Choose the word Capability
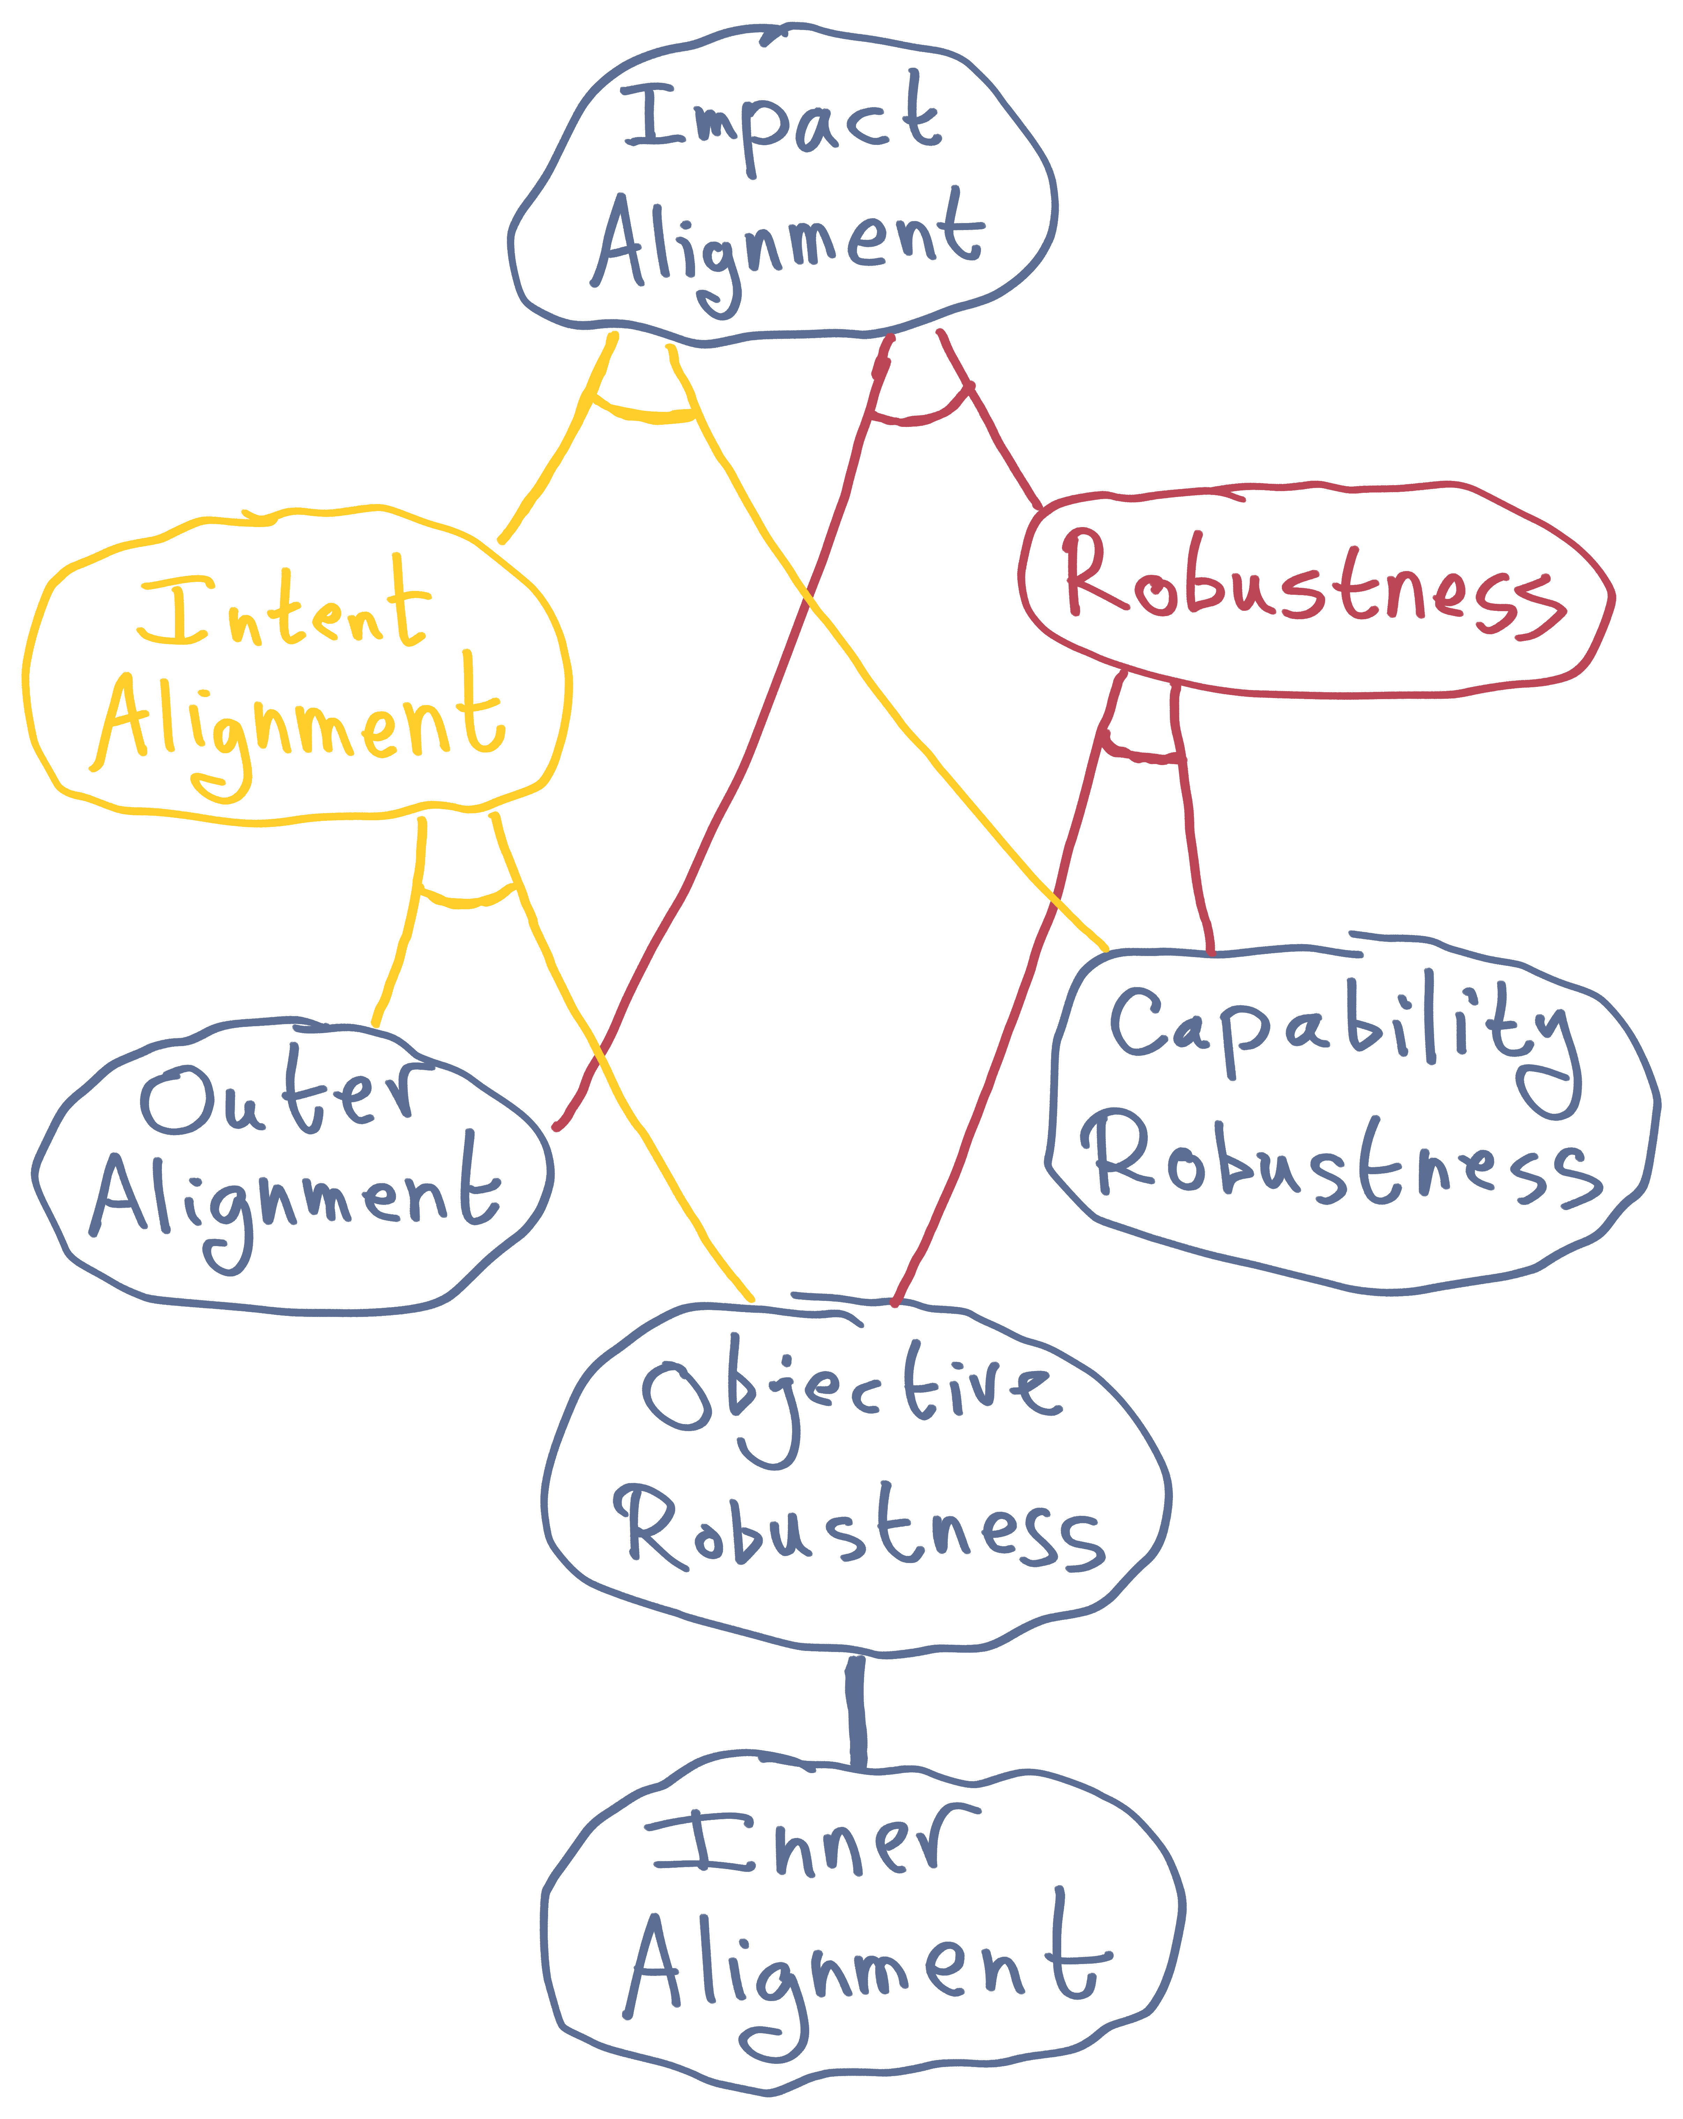pyautogui.click(x=1342, y=1032)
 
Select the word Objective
pyautogui.click(x=850, y=1396)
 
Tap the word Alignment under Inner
pyautogui.click(x=865, y=1966)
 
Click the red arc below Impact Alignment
pyautogui.click(x=919, y=418)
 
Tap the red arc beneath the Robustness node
pyautogui.click(x=1141, y=755)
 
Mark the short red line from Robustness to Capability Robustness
pyautogui.click(x=1191, y=845)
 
